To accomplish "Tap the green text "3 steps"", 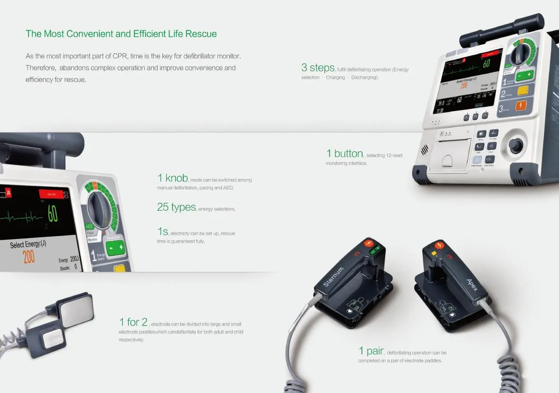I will click(x=318, y=67).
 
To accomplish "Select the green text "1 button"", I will click(x=344, y=153).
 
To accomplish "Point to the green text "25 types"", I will click(x=176, y=207).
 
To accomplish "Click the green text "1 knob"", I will click(x=172, y=178).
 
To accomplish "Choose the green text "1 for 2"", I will click(x=134, y=321).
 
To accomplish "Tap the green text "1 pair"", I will click(x=371, y=350).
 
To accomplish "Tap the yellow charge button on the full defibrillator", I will click(x=523, y=90).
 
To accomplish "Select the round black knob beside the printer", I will click(x=516, y=145).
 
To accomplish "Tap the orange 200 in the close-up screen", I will click(x=29, y=257).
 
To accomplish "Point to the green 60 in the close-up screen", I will click(x=53, y=213).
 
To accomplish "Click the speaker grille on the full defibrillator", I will click(x=424, y=150).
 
